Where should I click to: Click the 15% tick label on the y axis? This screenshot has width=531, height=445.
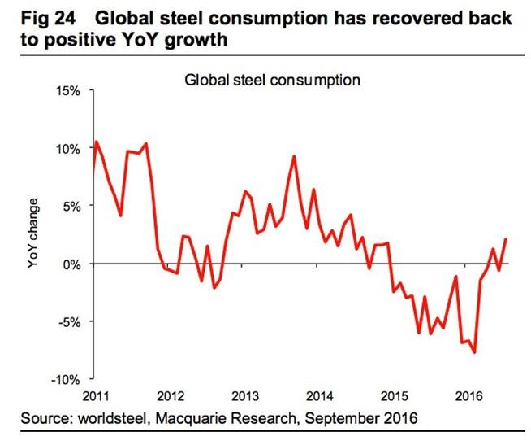pyautogui.click(x=67, y=91)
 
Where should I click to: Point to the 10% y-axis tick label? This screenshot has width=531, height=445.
pyautogui.click(x=67, y=149)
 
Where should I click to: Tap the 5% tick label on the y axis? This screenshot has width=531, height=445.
pyautogui.click(x=71, y=207)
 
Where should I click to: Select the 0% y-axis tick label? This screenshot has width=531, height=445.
pyautogui.click(x=71, y=264)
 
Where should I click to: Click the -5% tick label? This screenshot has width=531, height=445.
pyautogui.click(x=69, y=321)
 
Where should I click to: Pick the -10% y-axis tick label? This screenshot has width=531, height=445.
pyautogui.click(x=66, y=379)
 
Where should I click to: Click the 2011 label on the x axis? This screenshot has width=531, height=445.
pyautogui.click(x=97, y=396)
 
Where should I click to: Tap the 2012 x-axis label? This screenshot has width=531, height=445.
pyautogui.click(x=171, y=396)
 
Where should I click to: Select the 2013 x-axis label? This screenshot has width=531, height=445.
pyautogui.click(x=245, y=396)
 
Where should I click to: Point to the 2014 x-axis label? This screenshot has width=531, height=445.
pyautogui.click(x=319, y=396)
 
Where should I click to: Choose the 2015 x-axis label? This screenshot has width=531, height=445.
pyautogui.click(x=394, y=396)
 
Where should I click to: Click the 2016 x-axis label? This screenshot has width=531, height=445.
pyautogui.click(x=468, y=396)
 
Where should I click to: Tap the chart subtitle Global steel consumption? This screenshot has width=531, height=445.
pyautogui.click(x=272, y=80)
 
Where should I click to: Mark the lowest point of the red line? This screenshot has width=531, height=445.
pyautogui.click(x=474, y=352)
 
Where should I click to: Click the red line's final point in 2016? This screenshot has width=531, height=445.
pyautogui.click(x=506, y=239)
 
